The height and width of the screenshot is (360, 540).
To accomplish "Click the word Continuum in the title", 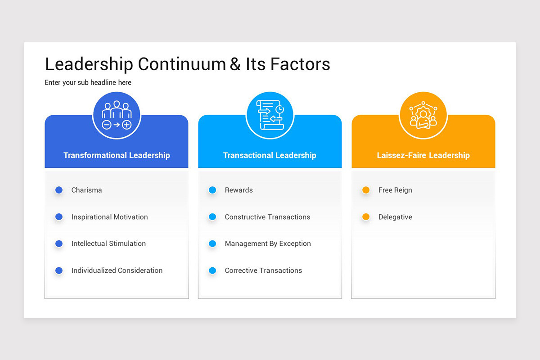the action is tap(182, 64).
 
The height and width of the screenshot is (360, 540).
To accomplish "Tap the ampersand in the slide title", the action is tap(235, 64).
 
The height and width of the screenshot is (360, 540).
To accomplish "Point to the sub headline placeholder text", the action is tap(88, 82).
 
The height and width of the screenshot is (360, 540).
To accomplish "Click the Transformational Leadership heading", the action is tap(117, 155).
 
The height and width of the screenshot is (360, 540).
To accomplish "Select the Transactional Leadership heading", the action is tap(270, 155).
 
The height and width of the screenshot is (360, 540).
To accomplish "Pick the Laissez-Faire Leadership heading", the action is tap(423, 155).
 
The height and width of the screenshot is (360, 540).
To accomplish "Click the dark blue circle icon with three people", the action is tap(117, 116).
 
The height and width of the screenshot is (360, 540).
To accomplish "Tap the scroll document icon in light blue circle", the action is tap(270, 116).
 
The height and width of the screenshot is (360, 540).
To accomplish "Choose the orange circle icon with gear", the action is tap(423, 116).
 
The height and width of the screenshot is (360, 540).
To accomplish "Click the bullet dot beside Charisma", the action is tap(59, 190).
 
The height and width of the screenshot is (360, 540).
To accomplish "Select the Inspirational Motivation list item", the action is tap(109, 217).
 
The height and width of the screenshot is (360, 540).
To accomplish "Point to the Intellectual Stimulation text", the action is tap(108, 243).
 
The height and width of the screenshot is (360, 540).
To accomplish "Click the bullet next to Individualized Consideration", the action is tap(59, 270).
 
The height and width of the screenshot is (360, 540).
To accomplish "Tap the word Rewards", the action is tap(238, 190).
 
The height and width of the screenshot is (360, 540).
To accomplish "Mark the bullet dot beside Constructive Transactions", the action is tap(212, 217).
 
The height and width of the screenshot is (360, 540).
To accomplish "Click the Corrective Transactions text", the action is tap(263, 270).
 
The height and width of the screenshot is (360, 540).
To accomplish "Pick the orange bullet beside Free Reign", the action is tap(366, 190).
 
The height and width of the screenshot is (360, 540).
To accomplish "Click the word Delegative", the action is tap(395, 217).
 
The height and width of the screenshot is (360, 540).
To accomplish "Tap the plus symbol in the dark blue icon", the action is tap(127, 125).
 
